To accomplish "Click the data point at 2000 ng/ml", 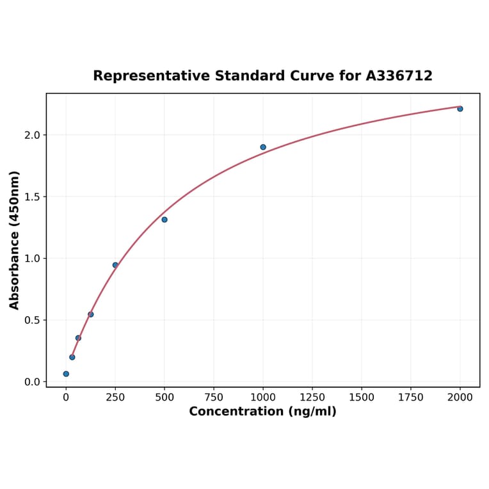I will tap(460, 109).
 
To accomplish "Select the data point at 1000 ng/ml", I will tap(263, 147).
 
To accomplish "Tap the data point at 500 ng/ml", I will tap(164, 220).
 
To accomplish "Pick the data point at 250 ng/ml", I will tap(115, 265).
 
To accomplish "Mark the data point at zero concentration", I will tap(66, 374).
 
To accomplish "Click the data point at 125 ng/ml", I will tap(91, 314).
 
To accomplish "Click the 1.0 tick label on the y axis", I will tap(32, 259).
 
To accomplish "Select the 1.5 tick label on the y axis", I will tap(32, 196).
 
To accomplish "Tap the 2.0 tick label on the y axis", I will tap(32, 135).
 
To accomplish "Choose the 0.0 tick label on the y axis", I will tap(32, 382).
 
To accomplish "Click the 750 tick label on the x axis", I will tap(214, 397).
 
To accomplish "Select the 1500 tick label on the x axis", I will tap(362, 397).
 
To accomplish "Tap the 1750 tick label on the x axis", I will tap(411, 397).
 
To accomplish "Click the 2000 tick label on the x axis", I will tap(460, 397).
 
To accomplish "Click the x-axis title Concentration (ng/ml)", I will tap(262, 412).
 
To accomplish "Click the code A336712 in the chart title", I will tap(399, 76).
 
